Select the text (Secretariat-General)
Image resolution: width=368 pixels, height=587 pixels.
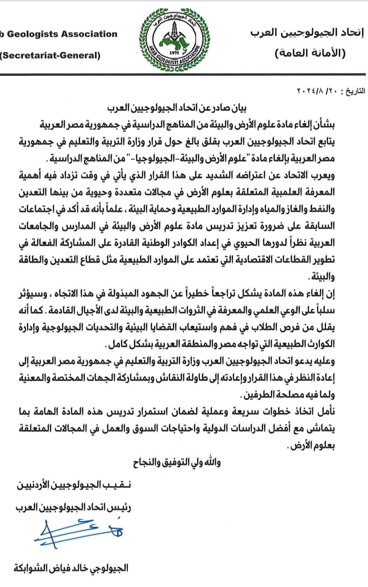[50, 55]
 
